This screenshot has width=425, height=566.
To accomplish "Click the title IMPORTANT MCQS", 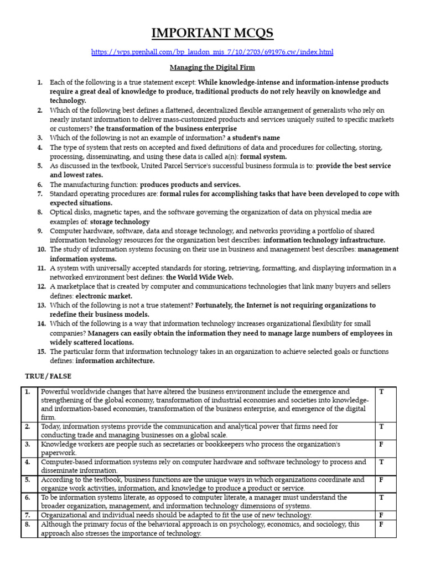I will pos(212,34).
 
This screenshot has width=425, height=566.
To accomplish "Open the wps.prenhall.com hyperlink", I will pos(212,53).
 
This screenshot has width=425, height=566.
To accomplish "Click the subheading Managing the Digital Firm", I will pos(212,67).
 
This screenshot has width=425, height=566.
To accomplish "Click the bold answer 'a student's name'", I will pos(253,138).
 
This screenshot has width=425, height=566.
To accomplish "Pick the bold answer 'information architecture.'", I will pos(115,361).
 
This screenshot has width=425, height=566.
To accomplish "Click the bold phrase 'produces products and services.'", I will pos(190,184).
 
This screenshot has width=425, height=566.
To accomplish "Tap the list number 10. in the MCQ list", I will pos(42,249).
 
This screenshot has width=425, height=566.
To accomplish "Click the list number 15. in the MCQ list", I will pos(42,352).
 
